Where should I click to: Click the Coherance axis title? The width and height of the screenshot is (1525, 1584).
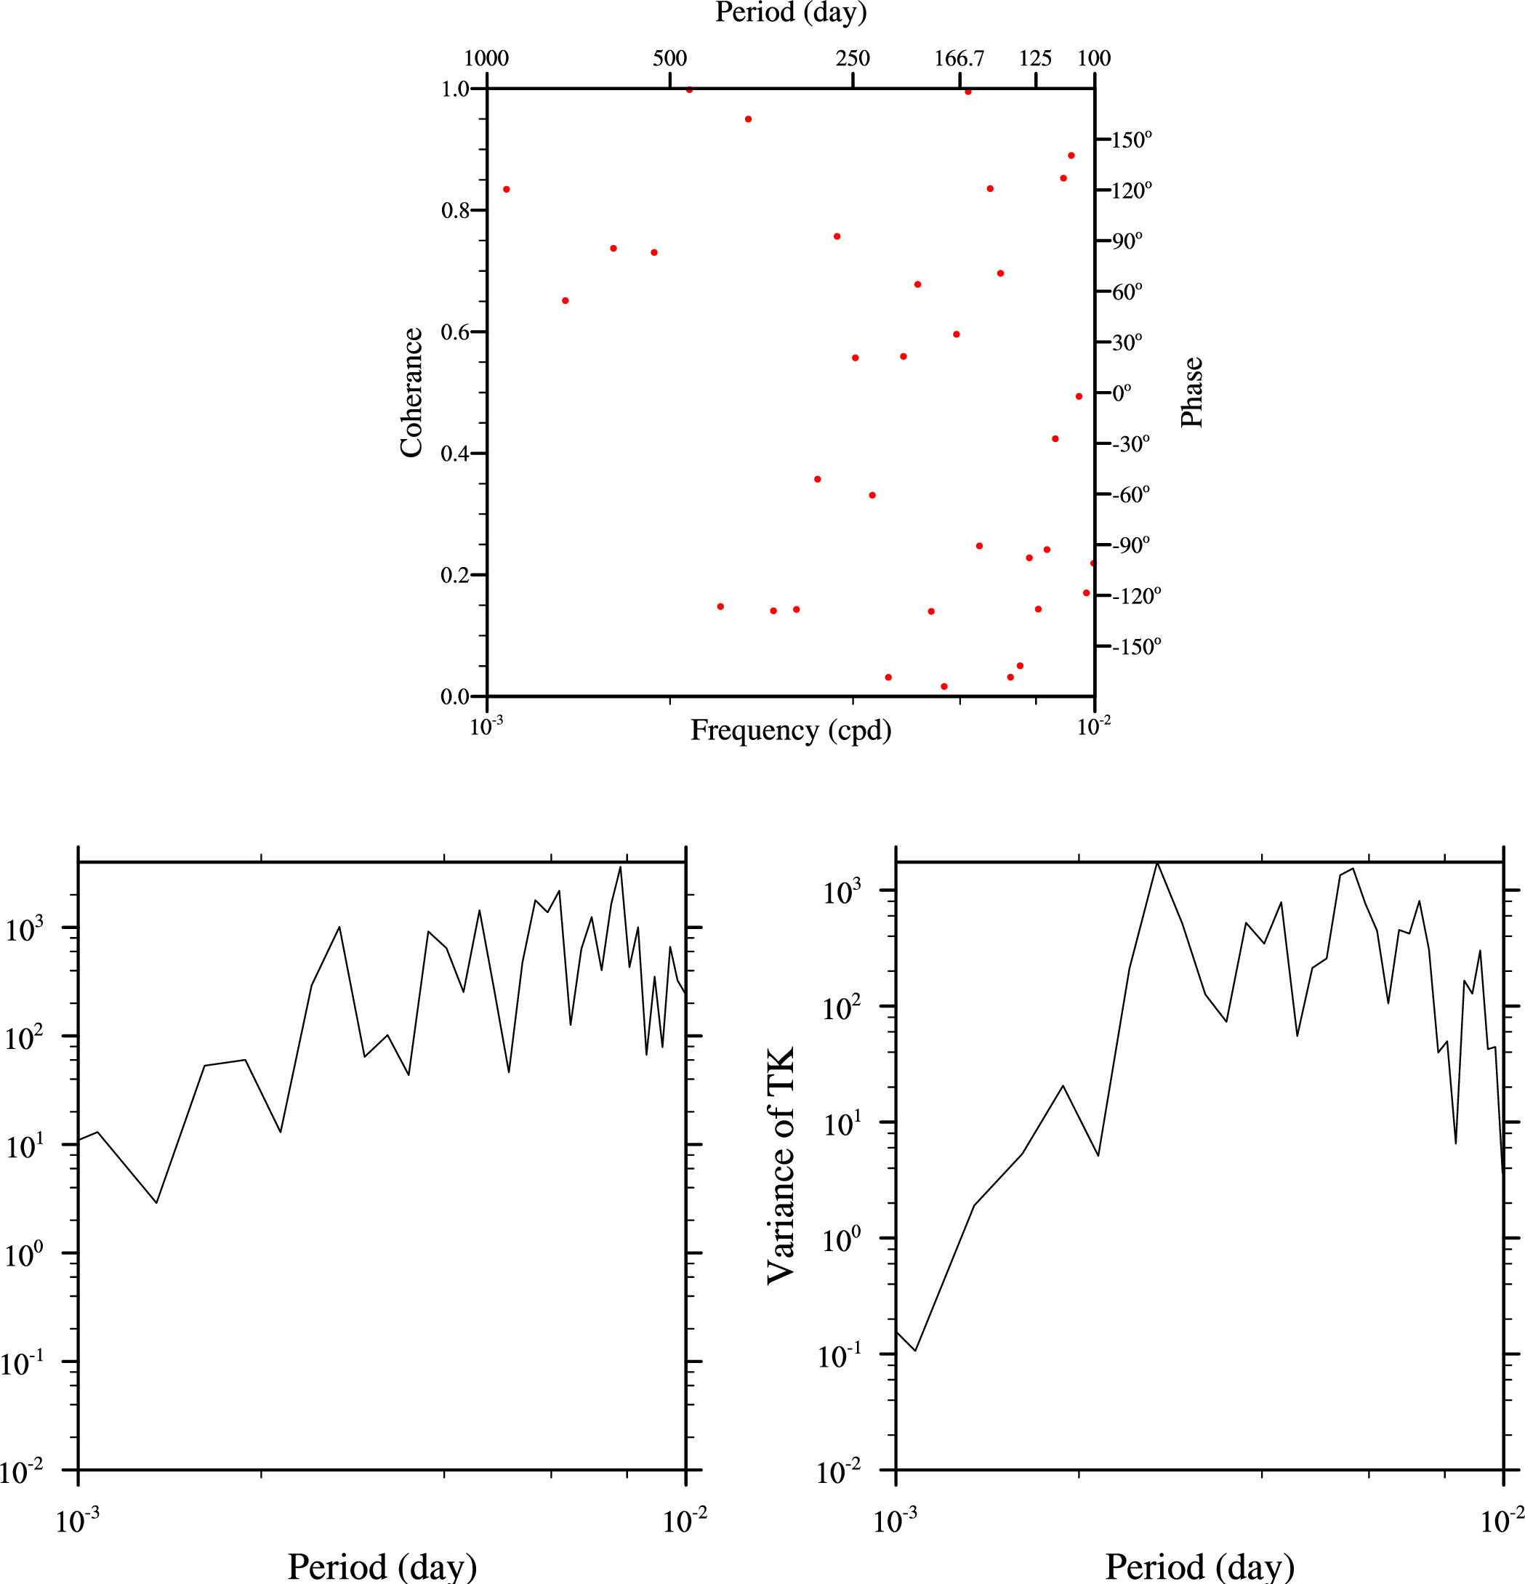[x=411, y=393]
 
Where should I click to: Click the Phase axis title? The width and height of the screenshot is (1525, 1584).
[x=1192, y=392]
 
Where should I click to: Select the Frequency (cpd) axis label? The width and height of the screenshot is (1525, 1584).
[x=790, y=731]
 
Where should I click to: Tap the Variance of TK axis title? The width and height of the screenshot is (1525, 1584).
[x=781, y=1165]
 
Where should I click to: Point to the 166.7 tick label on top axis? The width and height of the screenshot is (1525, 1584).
[x=959, y=58]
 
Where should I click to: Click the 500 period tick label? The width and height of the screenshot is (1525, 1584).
[x=670, y=58]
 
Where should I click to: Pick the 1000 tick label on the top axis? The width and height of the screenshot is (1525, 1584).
[x=486, y=58]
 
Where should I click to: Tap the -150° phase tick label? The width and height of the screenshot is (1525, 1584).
[x=1136, y=646]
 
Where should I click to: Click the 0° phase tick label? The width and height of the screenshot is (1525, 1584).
[x=1122, y=393]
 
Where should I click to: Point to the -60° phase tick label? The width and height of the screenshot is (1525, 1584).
[x=1130, y=494]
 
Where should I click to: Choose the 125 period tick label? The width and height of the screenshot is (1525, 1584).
[x=1035, y=58]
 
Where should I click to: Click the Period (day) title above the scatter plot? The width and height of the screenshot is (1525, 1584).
[x=790, y=13]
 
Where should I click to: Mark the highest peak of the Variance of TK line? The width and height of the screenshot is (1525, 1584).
[x=1157, y=863]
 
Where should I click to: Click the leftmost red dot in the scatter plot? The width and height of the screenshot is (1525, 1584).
[x=507, y=189]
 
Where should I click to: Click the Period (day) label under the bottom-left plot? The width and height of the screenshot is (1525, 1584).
[x=382, y=1567]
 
